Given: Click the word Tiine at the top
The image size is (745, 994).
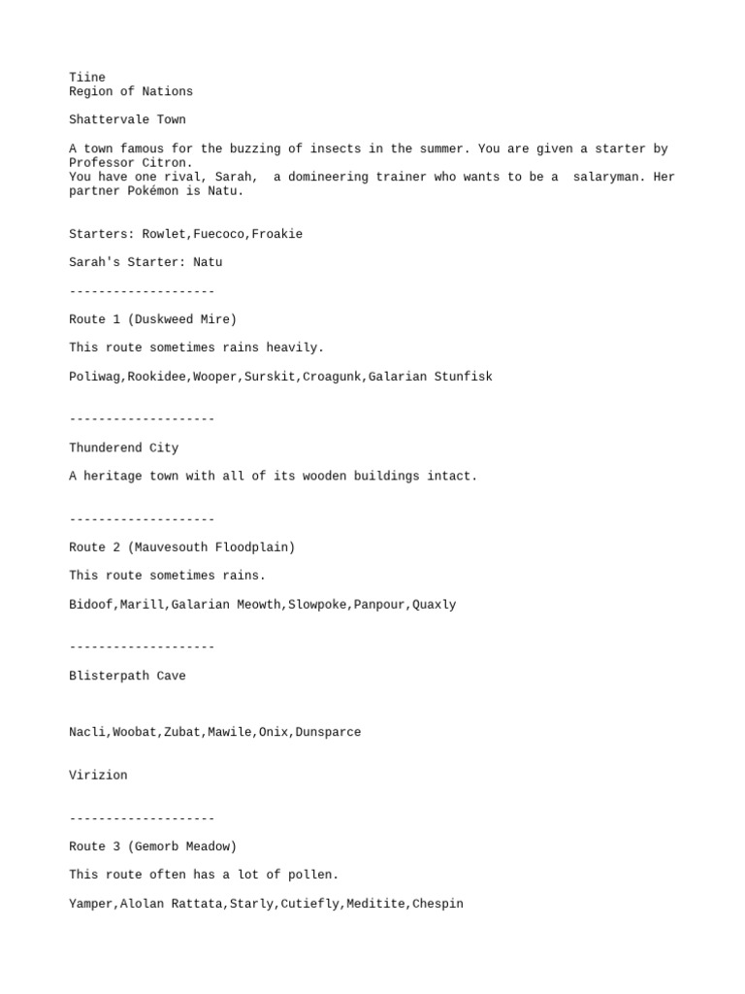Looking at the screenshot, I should click(x=87, y=78).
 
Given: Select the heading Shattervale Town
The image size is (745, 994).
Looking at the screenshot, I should click(x=127, y=119).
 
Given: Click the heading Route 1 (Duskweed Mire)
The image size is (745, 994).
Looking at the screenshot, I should click(x=152, y=319).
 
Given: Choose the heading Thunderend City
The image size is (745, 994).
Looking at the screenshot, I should click(x=123, y=447).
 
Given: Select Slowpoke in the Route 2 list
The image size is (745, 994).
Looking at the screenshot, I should click(x=317, y=605).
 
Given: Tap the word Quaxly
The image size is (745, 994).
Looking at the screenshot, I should click(x=434, y=605).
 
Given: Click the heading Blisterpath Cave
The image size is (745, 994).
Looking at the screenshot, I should click(x=127, y=676).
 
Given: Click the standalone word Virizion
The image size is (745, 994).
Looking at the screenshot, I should click(x=98, y=776).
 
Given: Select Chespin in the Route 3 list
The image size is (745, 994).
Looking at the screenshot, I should click(x=437, y=904).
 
